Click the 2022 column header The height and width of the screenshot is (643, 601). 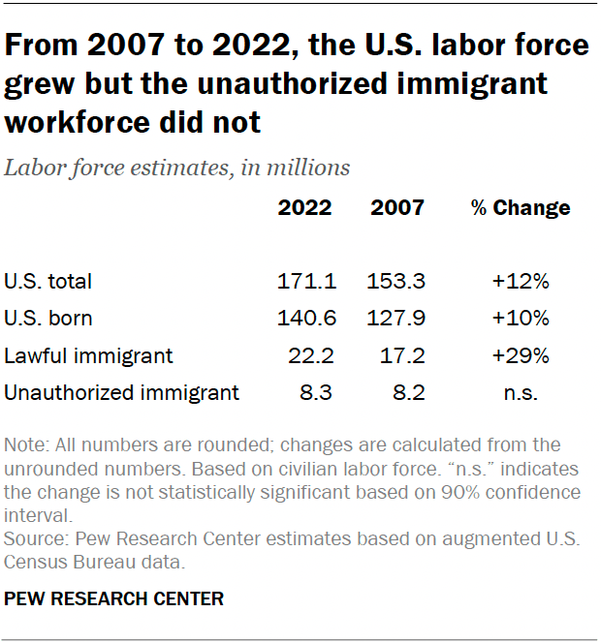coord(305,207)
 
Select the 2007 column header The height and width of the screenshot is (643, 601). coord(396,207)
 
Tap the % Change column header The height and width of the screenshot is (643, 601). coord(521,207)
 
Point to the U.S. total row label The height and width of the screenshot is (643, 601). coord(48,282)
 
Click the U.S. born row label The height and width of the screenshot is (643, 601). coord(48,319)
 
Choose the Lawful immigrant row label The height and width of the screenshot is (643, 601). coord(89,355)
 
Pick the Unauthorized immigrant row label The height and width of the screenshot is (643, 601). coord(122,392)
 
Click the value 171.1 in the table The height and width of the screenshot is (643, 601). coord(305,282)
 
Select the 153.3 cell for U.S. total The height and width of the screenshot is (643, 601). coord(396,282)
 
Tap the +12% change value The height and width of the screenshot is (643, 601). coord(521,282)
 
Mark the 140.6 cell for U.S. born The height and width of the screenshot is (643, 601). coord(305,319)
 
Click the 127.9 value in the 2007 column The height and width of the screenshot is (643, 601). coord(396,319)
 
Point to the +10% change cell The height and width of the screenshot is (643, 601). coord(521,319)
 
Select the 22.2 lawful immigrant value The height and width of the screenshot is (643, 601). coord(311,355)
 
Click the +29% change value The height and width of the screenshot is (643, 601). coord(521,355)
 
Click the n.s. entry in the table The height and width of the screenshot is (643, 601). coord(521,392)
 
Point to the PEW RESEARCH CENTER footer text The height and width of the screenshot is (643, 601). coord(114,598)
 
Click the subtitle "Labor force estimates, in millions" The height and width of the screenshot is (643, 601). coord(177,168)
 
